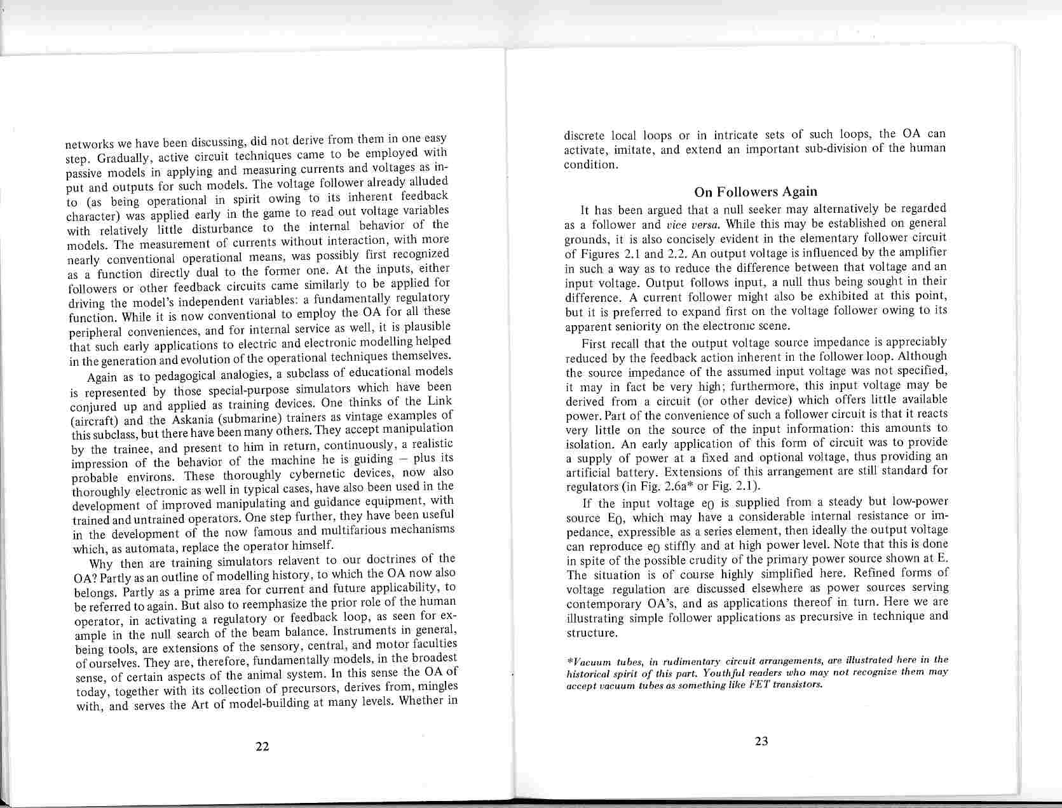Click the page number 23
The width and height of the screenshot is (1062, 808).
(761, 741)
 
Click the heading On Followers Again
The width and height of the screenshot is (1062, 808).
(755, 191)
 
